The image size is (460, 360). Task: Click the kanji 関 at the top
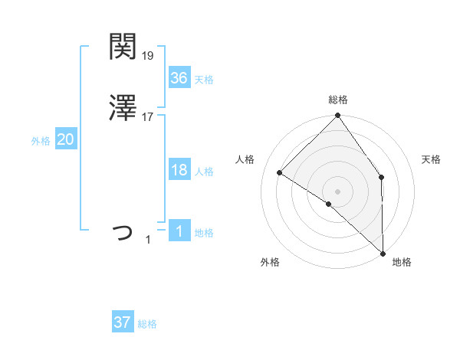(123, 47)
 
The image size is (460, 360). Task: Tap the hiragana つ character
(123, 231)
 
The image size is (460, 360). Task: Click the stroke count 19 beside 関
(149, 55)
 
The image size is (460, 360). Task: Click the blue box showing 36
(179, 78)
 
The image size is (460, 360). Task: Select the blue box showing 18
(179, 170)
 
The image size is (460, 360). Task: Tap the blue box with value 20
(65, 139)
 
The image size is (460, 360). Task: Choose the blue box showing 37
(123, 322)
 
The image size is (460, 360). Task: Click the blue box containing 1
(179, 231)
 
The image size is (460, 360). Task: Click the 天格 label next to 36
(204, 80)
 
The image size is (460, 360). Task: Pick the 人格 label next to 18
(204, 172)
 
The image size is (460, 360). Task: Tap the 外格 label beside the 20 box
(41, 141)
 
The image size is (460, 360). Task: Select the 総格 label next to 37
(147, 324)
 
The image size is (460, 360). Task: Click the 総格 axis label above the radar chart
(337, 100)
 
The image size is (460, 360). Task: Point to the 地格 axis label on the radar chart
(402, 262)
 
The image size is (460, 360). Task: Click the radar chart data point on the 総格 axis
(337, 116)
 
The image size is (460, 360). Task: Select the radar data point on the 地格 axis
(383, 254)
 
